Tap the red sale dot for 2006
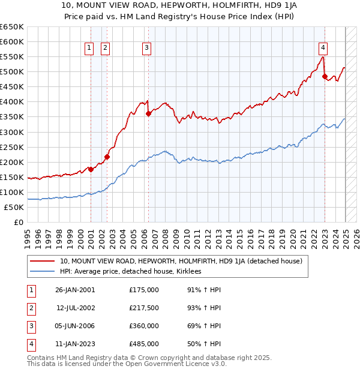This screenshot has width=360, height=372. click(x=148, y=113)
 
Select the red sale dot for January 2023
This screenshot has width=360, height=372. click(x=325, y=76)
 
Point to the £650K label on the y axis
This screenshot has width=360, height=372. click(x=12, y=27)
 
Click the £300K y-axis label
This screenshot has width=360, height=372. click(x=12, y=132)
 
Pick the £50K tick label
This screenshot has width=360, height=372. click(x=14, y=207)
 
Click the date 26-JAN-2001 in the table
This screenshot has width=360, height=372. click(x=75, y=290)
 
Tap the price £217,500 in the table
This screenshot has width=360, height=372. click(x=143, y=308)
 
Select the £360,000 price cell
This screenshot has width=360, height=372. click(x=143, y=326)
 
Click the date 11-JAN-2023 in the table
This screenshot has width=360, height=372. click(x=75, y=344)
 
